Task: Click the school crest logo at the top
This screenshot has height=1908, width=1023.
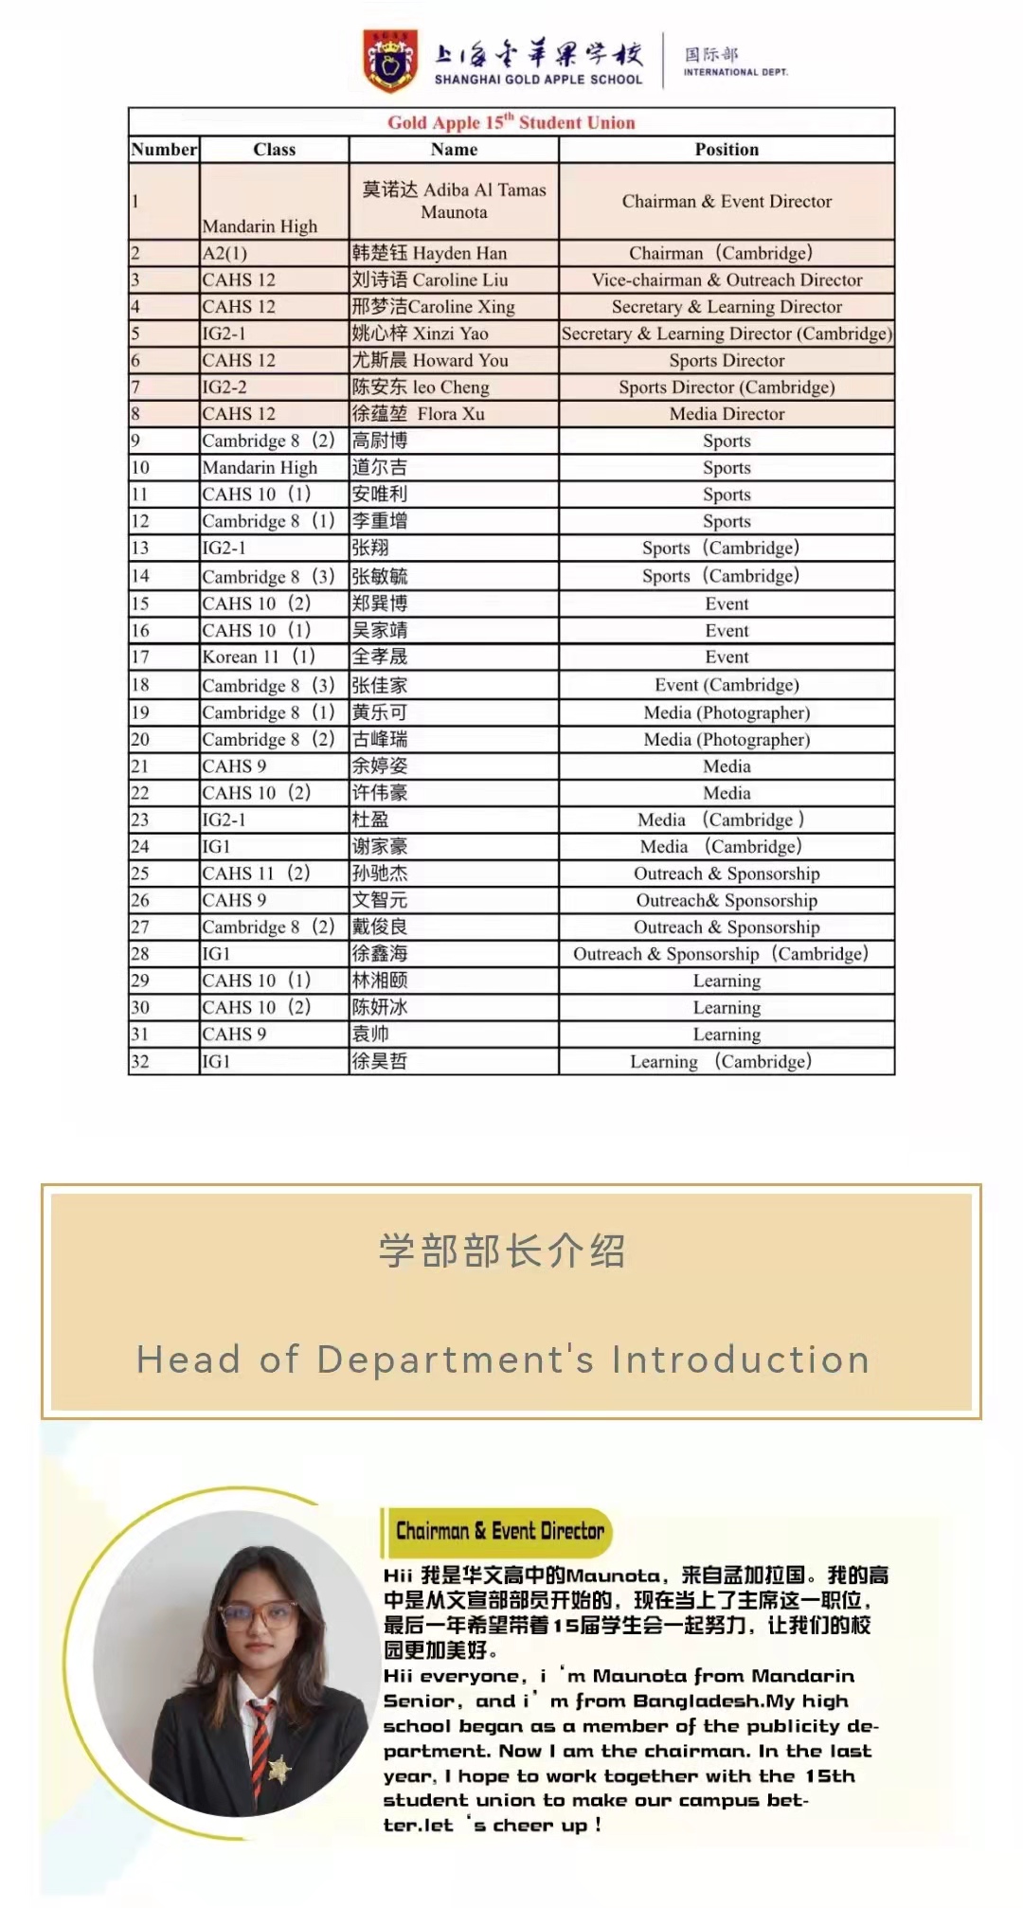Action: pyautogui.click(x=390, y=62)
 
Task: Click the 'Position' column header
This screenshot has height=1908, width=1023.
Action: pyautogui.click(x=727, y=150)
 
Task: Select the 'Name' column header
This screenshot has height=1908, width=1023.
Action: pyautogui.click(x=454, y=150)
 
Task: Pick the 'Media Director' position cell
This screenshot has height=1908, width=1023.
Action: pyautogui.click(x=727, y=414)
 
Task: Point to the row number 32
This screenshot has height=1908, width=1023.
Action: pyautogui.click(x=140, y=1061)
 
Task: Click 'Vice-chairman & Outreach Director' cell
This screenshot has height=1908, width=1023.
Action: pyautogui.click(x=727, y=280)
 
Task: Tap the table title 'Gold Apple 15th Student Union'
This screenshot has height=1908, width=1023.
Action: pyautogui.click(x=511, y=122)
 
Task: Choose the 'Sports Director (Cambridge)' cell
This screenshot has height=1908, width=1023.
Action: pyautogui.click(x=727, y=387)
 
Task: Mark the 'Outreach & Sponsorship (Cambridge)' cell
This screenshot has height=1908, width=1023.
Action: pyautogui.click(x=721, y=954)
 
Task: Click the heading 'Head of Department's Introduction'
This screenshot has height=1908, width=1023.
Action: pyautogui.click(x=503, y=1359)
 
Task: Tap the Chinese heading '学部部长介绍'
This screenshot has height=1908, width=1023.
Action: pyautogui.click(x=503, y=1251)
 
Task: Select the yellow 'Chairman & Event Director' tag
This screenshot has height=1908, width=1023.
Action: pyautogui.click(x=499, y=1531)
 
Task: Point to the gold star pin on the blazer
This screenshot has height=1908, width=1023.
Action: pyautogui.click(x=278, y=1770)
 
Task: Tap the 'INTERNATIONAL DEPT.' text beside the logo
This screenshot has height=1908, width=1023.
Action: pyautogui.click(x=735, y=72)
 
